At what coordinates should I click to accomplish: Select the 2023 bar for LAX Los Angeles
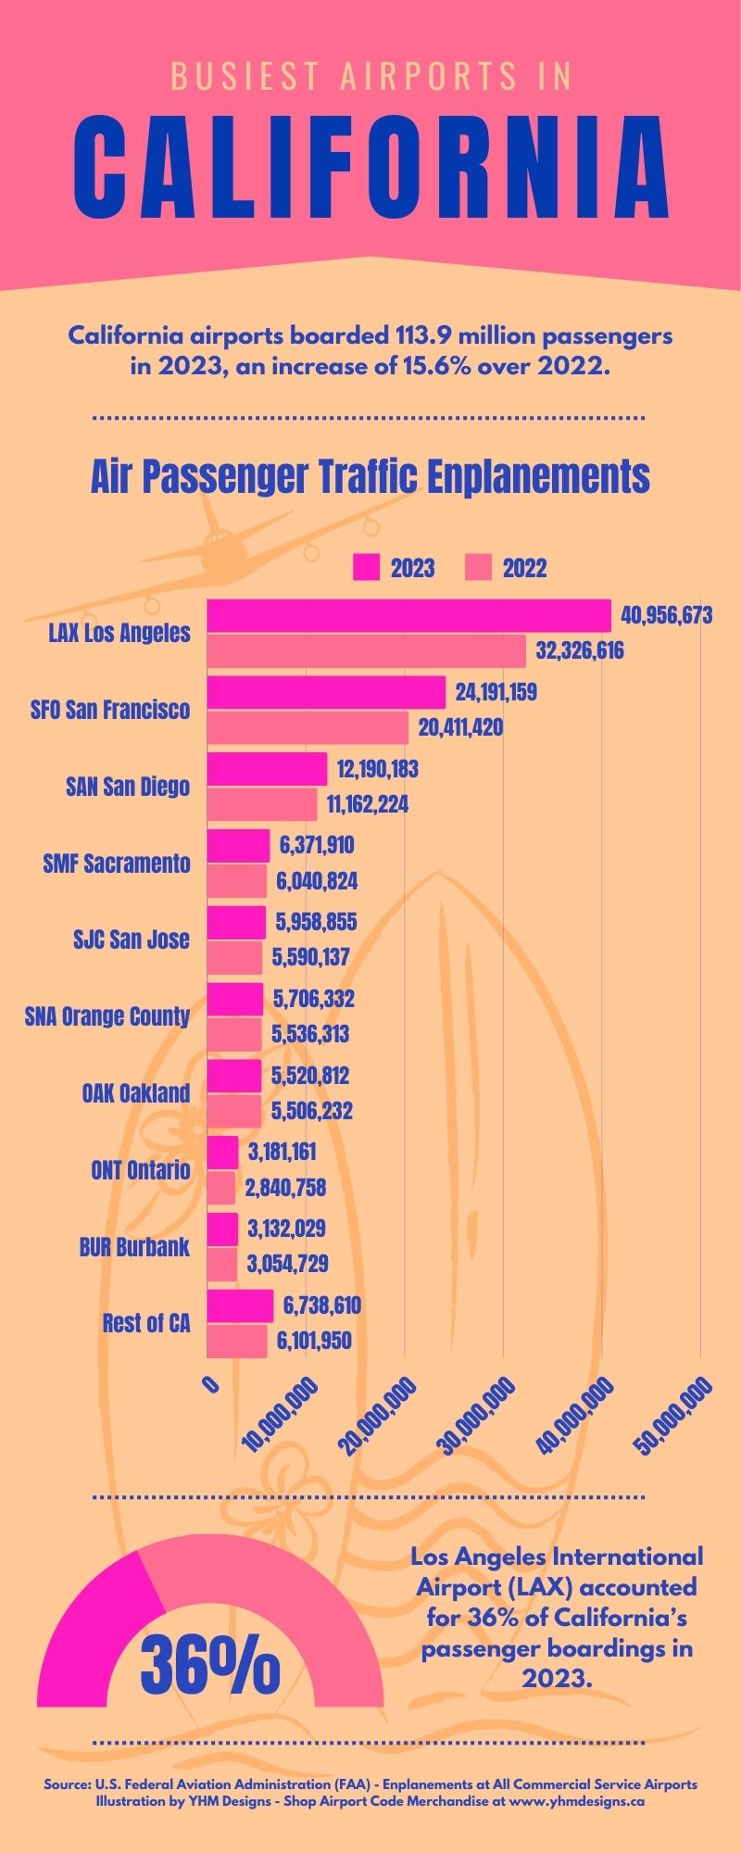408,616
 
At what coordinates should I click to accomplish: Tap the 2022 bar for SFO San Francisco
308,728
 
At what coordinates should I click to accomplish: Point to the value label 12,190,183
377,769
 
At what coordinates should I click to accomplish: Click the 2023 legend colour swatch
367,568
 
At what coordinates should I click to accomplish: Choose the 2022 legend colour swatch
478,568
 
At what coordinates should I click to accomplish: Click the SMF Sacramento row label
117,863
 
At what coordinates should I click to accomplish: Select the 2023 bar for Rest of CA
240,1306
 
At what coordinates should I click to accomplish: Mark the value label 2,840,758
285,1188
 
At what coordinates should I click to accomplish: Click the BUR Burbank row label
134,1247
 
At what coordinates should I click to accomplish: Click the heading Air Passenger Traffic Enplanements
370,477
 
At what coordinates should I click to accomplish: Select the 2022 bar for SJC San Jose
234,958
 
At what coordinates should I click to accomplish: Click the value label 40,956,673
667,616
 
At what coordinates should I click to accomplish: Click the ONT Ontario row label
141,1170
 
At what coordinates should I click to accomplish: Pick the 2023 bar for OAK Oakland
234,1077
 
